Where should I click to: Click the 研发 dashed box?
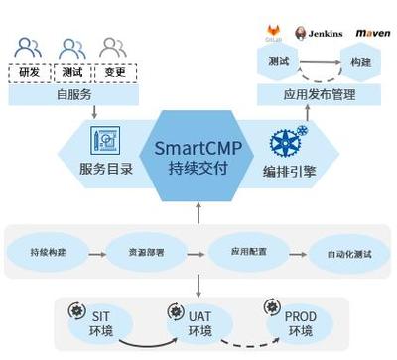tap(30, 72)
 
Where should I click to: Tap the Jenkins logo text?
tap(325, 33)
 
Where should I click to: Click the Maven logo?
tap(372, 33)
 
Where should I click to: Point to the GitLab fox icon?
tap(276, 30)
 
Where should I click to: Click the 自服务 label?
tap(72, 96)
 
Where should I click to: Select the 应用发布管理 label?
tap(320, 95)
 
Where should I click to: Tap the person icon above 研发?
tap(30, 47)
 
